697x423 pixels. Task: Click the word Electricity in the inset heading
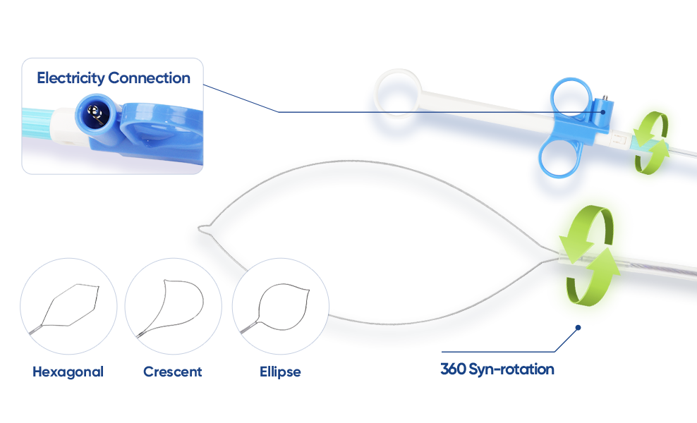(x=71, y=78)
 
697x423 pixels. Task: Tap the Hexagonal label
(x=68, y=372)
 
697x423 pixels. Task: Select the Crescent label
(x=172, y=372)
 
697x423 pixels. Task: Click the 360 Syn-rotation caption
(x=497, y=369)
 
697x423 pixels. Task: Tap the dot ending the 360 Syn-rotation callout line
(x=578, y=327)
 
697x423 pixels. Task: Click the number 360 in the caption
(x=451, y=369)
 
